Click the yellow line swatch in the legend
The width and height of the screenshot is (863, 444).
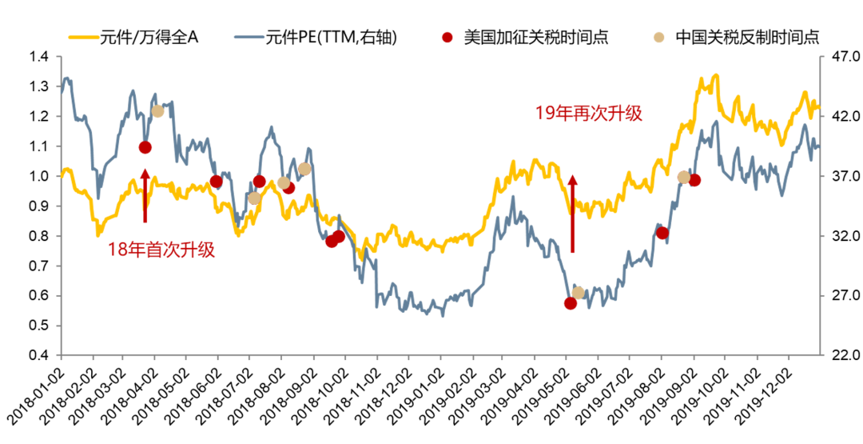[83, 37]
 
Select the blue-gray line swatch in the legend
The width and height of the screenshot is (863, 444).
[249, 37]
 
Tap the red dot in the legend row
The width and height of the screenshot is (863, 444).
[447, 37]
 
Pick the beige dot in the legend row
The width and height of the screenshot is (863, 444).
[658, 37]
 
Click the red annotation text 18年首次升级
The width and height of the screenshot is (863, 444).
[161, 250]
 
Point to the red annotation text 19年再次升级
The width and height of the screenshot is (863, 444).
[588, 114]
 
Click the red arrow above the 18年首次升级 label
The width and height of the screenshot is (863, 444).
[145, 195]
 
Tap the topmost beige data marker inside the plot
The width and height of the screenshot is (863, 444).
[158, 111]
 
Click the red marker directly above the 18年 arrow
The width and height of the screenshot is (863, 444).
[145, 147]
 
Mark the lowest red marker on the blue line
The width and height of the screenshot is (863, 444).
[570, 303]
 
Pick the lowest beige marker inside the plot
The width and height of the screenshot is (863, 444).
[578, 293]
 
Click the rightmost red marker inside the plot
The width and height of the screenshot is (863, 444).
[694, 180]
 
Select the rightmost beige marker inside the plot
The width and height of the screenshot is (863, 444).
[683, 177]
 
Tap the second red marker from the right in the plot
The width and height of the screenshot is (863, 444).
[662, 233]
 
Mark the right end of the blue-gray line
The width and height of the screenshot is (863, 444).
[818, 147]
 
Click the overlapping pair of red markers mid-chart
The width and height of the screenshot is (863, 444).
[335, 239]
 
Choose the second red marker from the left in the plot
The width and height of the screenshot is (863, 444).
[216, 182]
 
